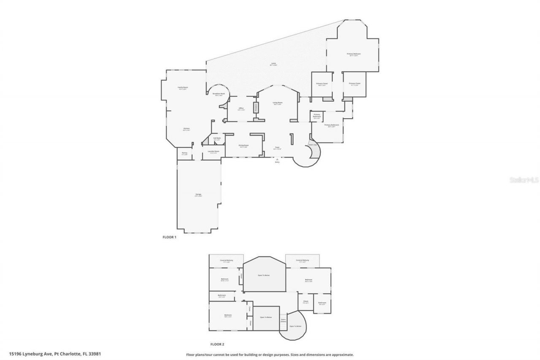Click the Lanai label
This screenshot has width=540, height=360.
(274, 64)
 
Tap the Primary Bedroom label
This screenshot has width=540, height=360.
(354, 54)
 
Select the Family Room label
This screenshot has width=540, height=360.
(183, 88)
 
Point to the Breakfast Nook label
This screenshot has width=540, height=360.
(219, 94)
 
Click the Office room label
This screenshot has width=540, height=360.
(241, 109)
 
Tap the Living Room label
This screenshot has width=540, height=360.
(277, 103)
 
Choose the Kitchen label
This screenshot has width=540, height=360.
(186, 129)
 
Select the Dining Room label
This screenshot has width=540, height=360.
(243, 146)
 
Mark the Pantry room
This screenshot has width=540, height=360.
(184, 153)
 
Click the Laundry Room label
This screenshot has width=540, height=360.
(214, 152)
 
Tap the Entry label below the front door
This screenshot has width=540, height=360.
(277, 162)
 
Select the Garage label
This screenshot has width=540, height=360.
(198, 195)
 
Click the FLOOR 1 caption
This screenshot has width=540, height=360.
(170, 237)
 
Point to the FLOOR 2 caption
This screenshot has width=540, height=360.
(217, 344)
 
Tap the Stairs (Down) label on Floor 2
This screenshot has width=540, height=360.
(283, 320)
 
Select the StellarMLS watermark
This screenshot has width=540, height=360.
(524, 180)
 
